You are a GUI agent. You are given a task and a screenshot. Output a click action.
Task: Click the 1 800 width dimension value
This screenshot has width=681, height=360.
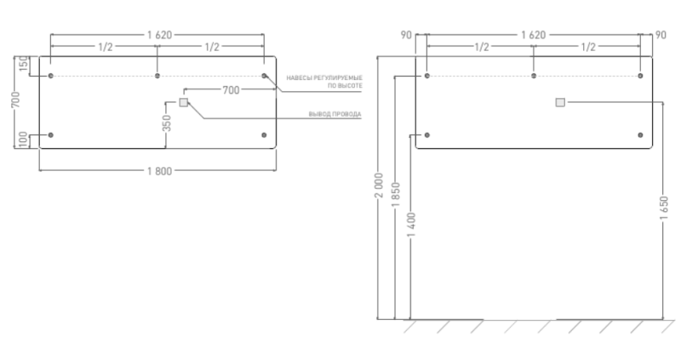point(159,171)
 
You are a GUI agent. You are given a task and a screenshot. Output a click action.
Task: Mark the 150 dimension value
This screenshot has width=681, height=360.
point(23,65)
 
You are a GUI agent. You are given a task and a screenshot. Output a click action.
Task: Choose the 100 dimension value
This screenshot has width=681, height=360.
point(23,139)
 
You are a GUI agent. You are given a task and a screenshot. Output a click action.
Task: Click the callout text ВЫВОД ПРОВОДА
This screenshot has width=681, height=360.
point(335,115)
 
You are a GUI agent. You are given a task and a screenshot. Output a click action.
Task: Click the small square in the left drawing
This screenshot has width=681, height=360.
point(183,103)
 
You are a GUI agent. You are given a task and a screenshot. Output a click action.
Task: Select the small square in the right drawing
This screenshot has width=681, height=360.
point(559,102)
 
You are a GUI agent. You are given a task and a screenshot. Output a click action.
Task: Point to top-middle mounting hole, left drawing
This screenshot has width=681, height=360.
point(157,76)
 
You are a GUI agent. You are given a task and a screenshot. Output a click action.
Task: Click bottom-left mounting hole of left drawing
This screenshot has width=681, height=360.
point(51,135)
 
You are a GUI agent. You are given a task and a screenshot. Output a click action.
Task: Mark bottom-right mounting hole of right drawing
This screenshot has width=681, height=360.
point(640,135)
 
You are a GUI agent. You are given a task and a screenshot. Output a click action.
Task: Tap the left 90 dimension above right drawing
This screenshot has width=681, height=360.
point(406,35)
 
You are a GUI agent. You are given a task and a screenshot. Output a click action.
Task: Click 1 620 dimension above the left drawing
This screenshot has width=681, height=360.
point(159,35)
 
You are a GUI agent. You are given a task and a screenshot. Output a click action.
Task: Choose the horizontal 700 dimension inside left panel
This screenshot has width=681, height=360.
point(231,89)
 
